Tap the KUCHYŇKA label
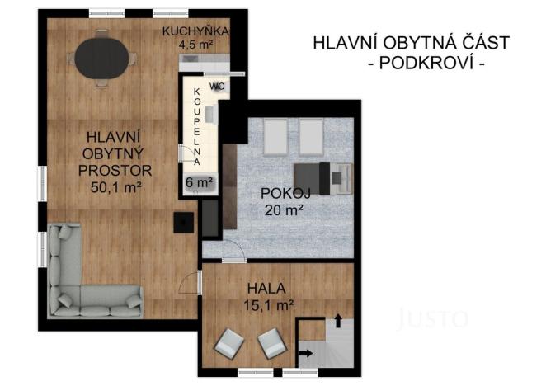pos(195,31)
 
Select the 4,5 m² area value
pos(195,45)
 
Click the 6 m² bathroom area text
pos(199,182)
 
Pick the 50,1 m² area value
pos(116,187)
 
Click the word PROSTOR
pos(116,171)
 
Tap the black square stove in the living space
pos(183,223)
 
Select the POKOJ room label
pos(284,193)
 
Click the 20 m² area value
pos(284,209)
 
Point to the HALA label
pos(266,289)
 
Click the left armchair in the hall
pos(229,341)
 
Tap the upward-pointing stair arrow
pos(337,320)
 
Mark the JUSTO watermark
pos(433,318)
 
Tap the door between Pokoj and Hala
pos(233,257)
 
